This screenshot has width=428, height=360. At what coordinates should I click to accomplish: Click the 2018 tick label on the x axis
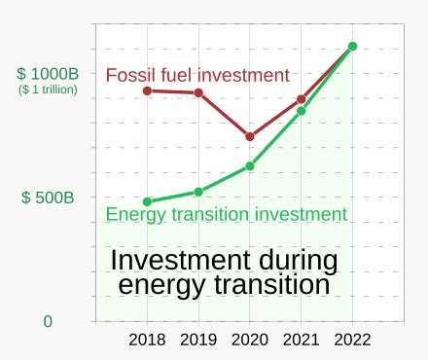pyautogui.click(x=147, y=341)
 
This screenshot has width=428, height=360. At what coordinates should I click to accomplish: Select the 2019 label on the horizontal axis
pyautogui.click(x=198, y=341)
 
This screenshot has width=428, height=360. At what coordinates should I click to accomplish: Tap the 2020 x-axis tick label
pyautogui.click(x=250, y=341)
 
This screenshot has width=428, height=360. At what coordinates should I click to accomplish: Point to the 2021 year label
pyautogui.click(x=301, y=341)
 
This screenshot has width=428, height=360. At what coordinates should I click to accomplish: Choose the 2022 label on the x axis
pyautogui.click(x=352, y=341)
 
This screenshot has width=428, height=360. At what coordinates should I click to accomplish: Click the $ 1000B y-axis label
pyautogui.click(x=47, y=74)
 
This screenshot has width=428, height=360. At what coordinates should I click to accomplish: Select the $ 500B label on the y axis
pyautogui.click(x=48, y=198)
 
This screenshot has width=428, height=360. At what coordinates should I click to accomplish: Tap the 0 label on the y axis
pyautogui.click(x=48, y=321)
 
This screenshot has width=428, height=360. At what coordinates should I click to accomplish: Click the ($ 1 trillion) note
pyautogui.click(x=48, y=90)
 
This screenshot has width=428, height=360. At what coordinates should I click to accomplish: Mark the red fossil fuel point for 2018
pyautogui.click(x=147, y=90)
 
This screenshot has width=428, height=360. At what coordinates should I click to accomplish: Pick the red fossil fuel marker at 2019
pyautogui.click(x=198, y=92)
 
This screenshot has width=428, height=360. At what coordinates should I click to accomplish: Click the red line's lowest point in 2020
pyautogui.click(x=250, y=136)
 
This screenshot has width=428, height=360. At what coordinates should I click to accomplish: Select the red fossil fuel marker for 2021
pyautogui.click(x=302, y=99)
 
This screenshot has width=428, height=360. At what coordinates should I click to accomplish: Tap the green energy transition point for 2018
pyautogui.click(x=147, y=201)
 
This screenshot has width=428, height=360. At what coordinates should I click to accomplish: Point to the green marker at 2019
pyautogui.click(x=198, y=192)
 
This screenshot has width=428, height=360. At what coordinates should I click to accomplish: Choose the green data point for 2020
pyautogui.click(x=250, y=166)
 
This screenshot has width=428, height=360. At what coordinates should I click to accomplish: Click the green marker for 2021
pyautogui.click(x=302, y=111)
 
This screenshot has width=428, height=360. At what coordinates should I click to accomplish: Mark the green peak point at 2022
pyautogui.click(x=352, y=46)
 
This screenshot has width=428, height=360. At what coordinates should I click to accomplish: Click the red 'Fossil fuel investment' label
pyautogui.click(x=197, y=75)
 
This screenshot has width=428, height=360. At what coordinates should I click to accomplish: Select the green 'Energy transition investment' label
pyautogui.click(x=226, y=214)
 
